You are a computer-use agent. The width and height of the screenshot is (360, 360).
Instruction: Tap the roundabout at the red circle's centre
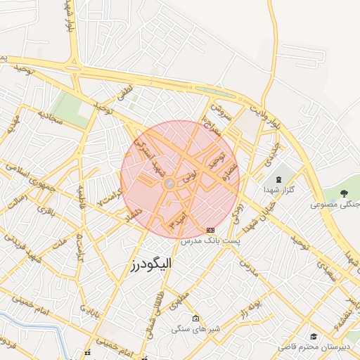tap(169, 184)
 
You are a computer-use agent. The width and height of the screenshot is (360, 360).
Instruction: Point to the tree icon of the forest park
tap(345, 192)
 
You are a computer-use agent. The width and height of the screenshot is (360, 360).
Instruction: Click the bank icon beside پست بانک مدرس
tap(210, 230)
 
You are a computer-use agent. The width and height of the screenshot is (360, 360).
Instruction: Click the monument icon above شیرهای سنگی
tap(195, 317)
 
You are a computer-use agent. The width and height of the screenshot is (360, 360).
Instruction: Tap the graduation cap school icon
tap(313, 337)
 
